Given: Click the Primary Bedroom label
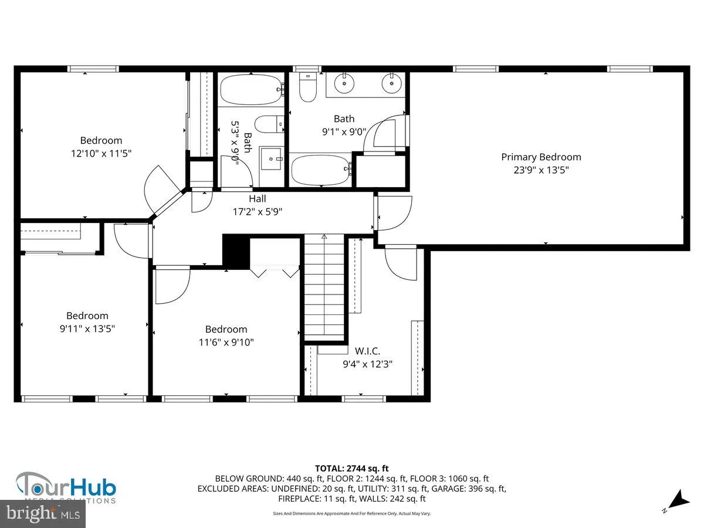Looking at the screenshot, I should click(541, 157).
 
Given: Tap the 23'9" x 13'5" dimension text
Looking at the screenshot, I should click(541, 170).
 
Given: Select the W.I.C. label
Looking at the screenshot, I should click(367, 351).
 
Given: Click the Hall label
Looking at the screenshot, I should click(258, 199).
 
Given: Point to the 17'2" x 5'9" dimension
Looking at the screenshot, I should click(258, 212).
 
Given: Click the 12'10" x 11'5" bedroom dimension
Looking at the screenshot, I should click(101, 153).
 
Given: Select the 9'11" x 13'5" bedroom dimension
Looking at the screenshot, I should click(87, 329).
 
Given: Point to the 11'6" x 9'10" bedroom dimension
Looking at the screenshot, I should click(226, 342).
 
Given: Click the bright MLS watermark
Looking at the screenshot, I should click(42, 514).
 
